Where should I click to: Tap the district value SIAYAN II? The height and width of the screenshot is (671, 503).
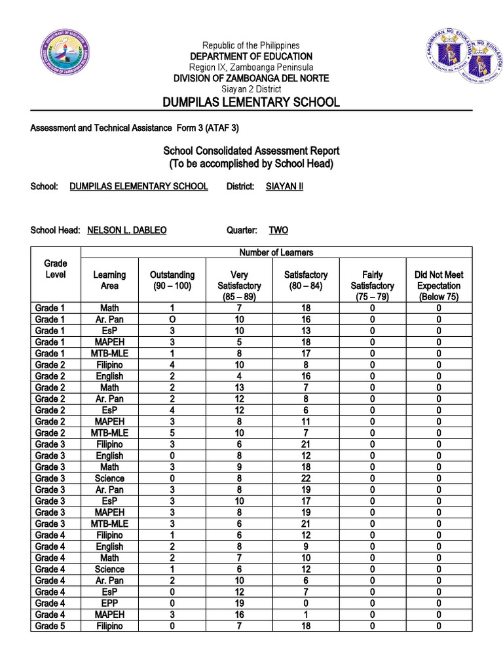[284, 186]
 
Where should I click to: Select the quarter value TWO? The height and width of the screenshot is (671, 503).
[278, 230]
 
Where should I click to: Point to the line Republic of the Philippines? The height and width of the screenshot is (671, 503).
[251, 45]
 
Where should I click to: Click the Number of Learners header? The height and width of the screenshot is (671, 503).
[276, 252]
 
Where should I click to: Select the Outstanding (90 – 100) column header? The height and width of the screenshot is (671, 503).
[172, 280]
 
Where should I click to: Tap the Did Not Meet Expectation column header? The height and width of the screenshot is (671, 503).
[438, 286]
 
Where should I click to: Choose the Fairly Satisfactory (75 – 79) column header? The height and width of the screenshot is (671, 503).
[372, 286]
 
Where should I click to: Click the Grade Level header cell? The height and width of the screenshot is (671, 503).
[56, 269]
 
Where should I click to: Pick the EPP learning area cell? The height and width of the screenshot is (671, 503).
[109, 603]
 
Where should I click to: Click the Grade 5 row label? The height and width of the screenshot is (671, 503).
[50, 626]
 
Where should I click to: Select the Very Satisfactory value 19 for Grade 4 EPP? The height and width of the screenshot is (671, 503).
[239, 603]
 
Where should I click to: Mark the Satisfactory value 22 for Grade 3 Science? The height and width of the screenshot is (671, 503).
[306, 478]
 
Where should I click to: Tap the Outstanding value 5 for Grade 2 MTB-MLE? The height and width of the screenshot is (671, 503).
[172, 432]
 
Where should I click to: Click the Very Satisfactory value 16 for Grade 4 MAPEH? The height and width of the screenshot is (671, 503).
[239, 615]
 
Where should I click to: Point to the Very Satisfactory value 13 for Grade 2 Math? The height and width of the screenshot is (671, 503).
[239, 387]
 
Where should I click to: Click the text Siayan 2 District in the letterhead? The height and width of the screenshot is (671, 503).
[251, 89]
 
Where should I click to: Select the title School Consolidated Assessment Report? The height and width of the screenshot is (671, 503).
[251, 151]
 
